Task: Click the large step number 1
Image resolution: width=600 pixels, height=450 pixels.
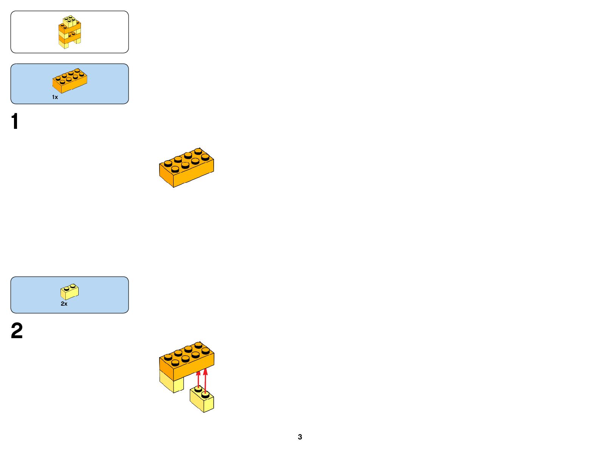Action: click(x=15, y=122)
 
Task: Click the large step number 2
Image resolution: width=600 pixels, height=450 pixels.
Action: click(x=17, y=331)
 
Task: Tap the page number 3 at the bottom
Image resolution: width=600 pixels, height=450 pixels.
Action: click(x=300, y=437)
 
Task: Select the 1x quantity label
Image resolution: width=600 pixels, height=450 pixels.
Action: click(x=55, y=97)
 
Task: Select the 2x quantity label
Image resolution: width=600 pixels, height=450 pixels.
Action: click(x=64, y=303)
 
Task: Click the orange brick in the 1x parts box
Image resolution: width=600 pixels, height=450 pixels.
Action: click(x=70, y=80)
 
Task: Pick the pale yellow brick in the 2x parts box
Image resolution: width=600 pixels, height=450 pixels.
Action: click(x=70, y=291)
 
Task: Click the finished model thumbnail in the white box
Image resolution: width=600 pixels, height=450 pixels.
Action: click(x=70, y=32)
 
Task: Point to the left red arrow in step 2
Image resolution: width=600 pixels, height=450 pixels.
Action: click(x=198, y=379)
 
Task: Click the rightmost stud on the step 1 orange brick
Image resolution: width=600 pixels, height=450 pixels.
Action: click(x=205, y=157)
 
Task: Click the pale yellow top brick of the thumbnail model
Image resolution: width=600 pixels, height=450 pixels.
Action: click(x=70, y=21)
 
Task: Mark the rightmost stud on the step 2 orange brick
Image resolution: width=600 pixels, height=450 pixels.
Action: click(x=206, y=351)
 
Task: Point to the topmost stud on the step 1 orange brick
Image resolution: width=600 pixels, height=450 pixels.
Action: click(x=198, y=151)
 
